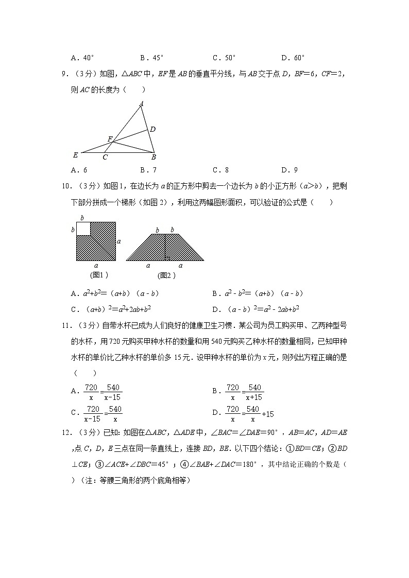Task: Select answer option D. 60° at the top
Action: pyautogui.click(x=293, y=58)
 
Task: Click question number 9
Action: pyautogui.click(x=65, y=74)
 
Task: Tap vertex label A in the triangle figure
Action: pyautogui.click(x=141, y=104)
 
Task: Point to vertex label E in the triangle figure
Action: pyautogui.click(x=75, y=154)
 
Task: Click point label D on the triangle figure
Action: pyautogui.click(x=153, y=129)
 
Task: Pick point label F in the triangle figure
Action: pyautogui.click(x=110, y=139)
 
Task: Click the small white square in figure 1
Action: pyautogui.click(x=83, y=229)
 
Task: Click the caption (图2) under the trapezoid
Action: pyautogui.click(x=166, y=275)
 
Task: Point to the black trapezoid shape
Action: pyautogui.click(x=165, y=248)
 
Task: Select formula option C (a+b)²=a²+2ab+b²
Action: pyautogui.click(x=111, y=309)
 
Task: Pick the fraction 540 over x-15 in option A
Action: pyautogui.click(x=113, y=393)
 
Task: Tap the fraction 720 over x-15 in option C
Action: pyautogui.click(x=93, y=414)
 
